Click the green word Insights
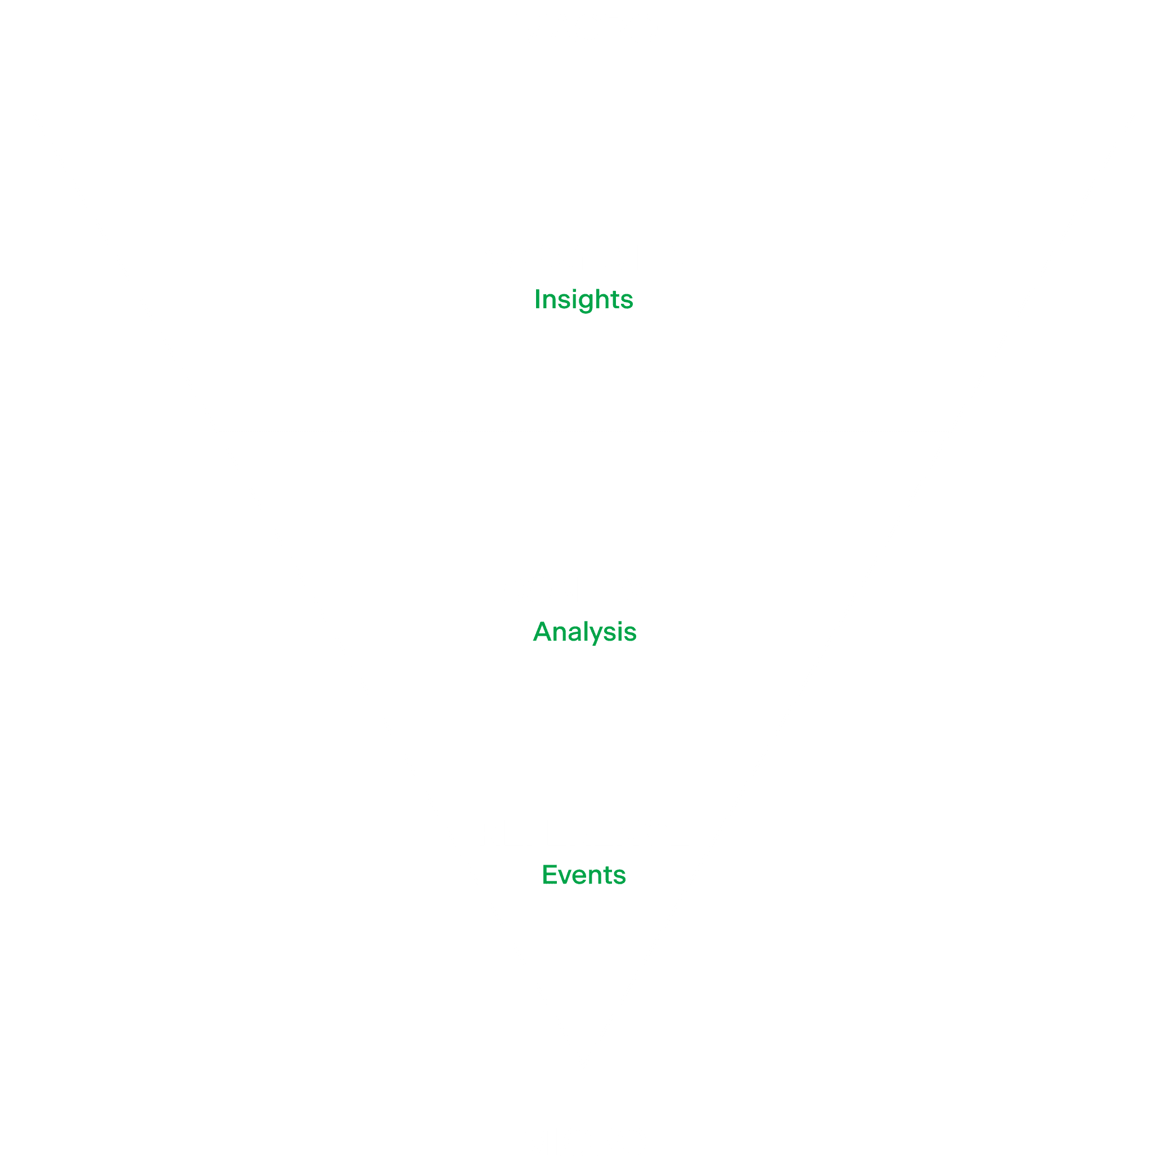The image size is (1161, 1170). pos(583,299)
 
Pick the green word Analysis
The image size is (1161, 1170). pos(584,632)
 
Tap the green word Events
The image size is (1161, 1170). pos(583,875)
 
